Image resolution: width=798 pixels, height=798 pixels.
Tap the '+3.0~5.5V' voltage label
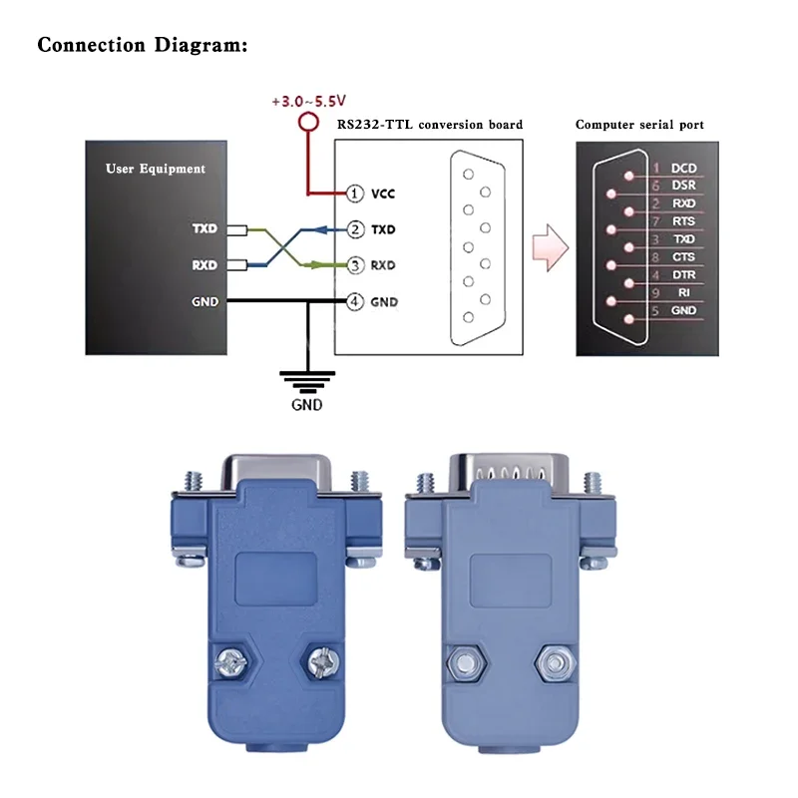(x=308, y=102)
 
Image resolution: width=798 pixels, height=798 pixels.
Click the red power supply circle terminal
(x=308, y=123)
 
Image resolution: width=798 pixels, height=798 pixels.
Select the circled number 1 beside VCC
(x=355, y=193)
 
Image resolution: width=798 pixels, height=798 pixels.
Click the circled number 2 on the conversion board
(x=355, y=229)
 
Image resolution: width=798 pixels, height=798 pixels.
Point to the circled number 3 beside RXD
(x=355, y=265)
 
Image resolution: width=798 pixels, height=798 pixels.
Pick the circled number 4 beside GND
(x=355, y=301)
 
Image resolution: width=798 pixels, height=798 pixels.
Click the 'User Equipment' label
(x=156, y=169)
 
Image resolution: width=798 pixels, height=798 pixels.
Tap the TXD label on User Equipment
(x=204, y=229)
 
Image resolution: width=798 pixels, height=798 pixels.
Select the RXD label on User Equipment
(x=204, y=265)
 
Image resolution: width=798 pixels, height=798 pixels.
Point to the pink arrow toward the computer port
(x=550, y=245)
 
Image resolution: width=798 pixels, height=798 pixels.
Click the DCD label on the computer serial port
(x=683, y=169)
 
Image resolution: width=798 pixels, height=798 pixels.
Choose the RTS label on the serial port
(x=683, y=220)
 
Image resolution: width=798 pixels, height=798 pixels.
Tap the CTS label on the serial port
(x=683, y=257)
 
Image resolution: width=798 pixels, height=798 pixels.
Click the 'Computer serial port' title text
(x=639, y=125)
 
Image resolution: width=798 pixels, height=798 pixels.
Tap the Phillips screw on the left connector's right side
(x=323, y=659)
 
